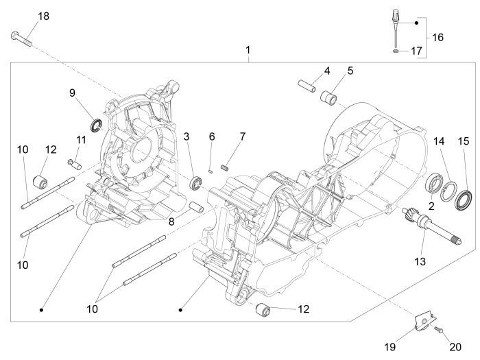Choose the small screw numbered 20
(x=437, y=331)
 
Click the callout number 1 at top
(x=248, y=51)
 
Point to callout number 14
(x=439, y=141)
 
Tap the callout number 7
(x=241, y=136)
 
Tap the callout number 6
(x=212, y=136)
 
